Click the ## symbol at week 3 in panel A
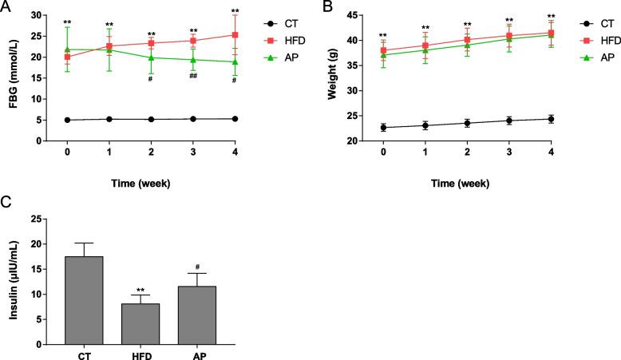(x=192, y=75)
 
